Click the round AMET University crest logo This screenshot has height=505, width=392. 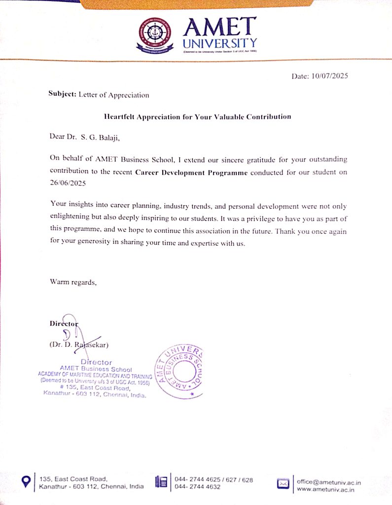click(x=156, y=35)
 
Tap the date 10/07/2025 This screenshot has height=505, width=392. click(x=330, y=76)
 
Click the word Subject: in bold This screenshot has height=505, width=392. click(x=63, y=94)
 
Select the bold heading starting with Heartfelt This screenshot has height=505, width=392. click(x=197, y=117)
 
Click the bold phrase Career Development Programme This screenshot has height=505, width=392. click(x=191, y=173)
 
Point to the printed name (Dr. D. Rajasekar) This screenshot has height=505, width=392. click(x=79, y=345)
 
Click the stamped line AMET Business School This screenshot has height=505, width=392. click(x=96, y=368)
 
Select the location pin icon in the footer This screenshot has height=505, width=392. click(x=27, y=481)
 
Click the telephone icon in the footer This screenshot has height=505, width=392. click(x=161, y=482)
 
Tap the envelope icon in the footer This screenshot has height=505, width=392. click(x=283, y=483)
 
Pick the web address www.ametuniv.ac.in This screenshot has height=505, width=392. click(x=326, y=489)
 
